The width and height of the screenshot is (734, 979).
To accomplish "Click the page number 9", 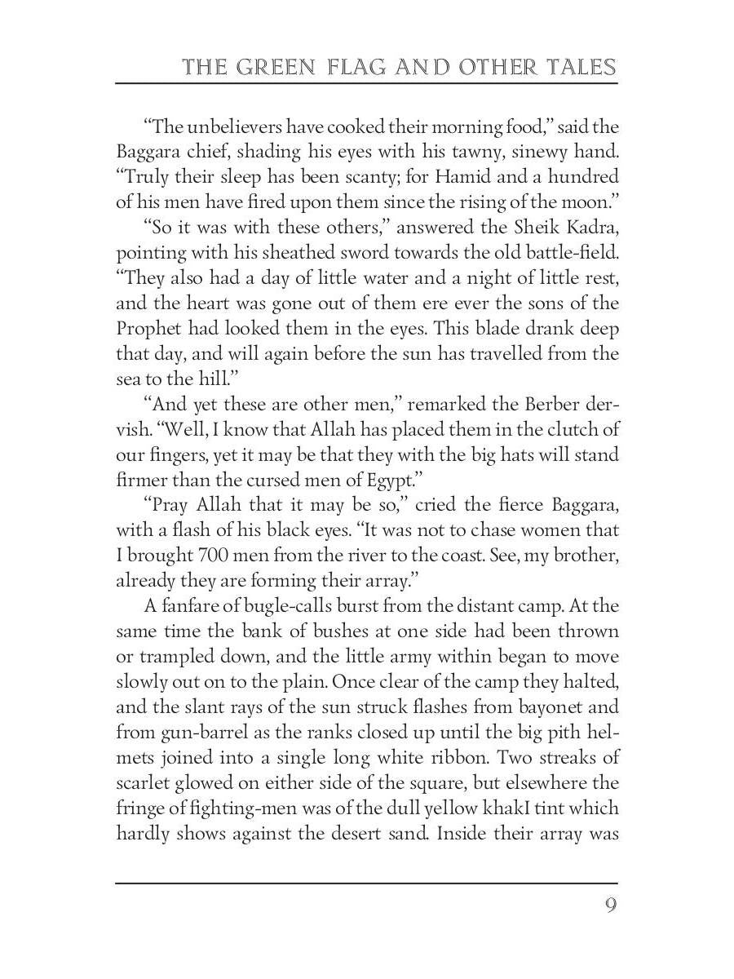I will [x=610, y=906].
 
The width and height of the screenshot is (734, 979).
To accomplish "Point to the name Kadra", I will [x=590, y=228].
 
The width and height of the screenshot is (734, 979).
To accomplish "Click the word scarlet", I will [x=147, y=783].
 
